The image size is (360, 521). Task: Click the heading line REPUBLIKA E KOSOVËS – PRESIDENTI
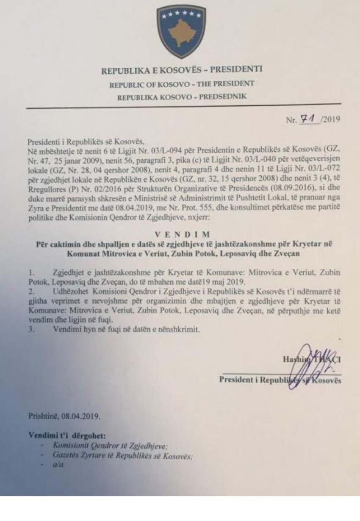tap(182, 70)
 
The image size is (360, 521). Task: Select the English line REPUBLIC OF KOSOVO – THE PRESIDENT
tap(182, 83)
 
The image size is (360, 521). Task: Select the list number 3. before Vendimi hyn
tap(31, 328)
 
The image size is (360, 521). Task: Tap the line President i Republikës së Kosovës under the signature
tap(280, 380)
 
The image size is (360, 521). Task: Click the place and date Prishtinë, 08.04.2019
tap(65, 416)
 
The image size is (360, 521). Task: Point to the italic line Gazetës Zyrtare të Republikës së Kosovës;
tap(122, 456)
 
